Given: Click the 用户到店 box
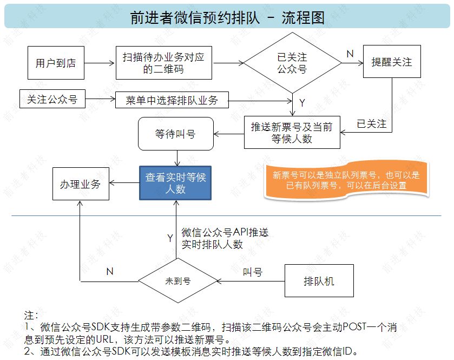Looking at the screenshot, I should coord(56,63).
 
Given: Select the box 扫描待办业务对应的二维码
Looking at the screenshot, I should coord(163,63).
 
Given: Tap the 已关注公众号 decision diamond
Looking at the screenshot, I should coord(293,63).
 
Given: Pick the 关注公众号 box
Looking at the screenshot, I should coord(52,100).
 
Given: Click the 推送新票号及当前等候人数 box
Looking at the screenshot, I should coord(292,133).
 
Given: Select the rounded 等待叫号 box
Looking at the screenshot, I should coord(175,134).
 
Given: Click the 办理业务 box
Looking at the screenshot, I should coord(80,184).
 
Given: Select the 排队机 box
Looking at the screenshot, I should coord(319,281).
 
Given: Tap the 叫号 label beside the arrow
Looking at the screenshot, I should coord(252,272).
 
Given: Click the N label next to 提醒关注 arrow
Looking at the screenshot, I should coord(350,54).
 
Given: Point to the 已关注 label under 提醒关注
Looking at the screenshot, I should coord(372,125).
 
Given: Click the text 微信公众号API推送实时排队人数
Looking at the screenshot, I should coord(225,238).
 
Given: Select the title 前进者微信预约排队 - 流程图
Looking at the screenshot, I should coord(227,17).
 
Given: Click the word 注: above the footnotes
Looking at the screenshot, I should coord(31,315).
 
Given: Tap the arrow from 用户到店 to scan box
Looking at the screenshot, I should coord(100,63).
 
